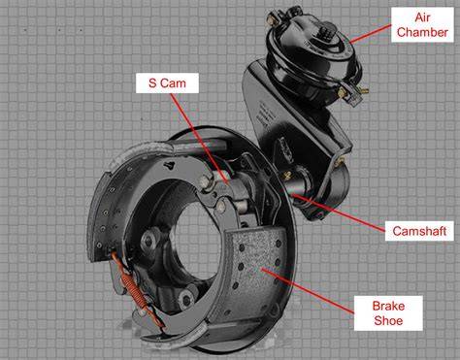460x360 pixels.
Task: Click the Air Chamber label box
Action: pyautogui.click(x=422, y=25)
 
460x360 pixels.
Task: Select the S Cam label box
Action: pyautogui.click(x=167, y=83)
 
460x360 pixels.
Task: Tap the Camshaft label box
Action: pyautogui.click(x=419, y=231)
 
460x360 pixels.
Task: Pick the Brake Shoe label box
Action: pyautogui.click(x=388, y=313)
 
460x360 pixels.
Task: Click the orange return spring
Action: pyautogui.click(x=138, y=288)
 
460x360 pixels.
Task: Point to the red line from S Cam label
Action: pyautogui.click(x=200, y=139)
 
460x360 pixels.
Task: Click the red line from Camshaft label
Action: pyautogui.click(x=339, y=213)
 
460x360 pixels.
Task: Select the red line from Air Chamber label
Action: pyautogui.click(x=371, y=34)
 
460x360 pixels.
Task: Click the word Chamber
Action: pyautogui.click(x=422, y=32)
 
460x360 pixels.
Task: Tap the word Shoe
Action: pyautogui.click(x=388, y=320)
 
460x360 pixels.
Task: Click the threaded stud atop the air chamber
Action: pyautogui.click(x=324, y=32)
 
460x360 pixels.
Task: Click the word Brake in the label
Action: pyautogui.click(x=388, y=306)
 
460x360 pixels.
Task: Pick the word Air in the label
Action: pyautogui.click(x=422, y=17)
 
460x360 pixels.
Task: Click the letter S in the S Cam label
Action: pyautogui.click(x=152, y=83)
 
